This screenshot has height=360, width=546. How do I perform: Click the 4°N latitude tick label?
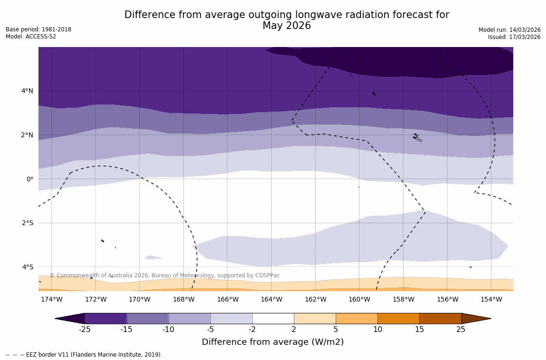click(x=27, y=91)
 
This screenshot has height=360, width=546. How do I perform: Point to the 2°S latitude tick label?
click(x=27, y=223)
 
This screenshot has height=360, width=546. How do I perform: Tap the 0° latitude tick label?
click(x=30, y=179)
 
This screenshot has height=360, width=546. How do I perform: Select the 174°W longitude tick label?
click(x=51, y=300)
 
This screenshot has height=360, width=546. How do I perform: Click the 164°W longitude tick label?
click(x=271, y=300)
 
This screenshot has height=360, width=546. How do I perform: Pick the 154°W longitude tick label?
click(x=491, y=300)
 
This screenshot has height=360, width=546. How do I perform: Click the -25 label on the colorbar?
click(x=85, y=330)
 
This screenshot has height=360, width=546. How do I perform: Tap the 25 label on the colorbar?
click(x=461, y=330)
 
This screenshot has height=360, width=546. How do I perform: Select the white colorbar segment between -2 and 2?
click(x=273, y=319)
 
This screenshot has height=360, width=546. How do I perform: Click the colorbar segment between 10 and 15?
click(x=398, y=319)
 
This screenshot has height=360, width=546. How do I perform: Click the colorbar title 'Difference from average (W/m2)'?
click(x=273, y=342)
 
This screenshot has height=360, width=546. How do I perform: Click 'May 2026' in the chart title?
click(x=287, y=26)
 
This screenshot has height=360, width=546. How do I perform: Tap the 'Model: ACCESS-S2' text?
click(x=31, y=37)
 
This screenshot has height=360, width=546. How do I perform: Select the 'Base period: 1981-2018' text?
click(x=38, y=29)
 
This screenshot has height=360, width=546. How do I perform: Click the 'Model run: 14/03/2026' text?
click(x=509, y=29)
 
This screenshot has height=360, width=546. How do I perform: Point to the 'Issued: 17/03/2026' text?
click(x=514, y=37)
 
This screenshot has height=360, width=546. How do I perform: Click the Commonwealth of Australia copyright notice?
click(x=165, y=275)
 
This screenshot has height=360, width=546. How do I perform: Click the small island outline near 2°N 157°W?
click(x=416, y=137)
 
